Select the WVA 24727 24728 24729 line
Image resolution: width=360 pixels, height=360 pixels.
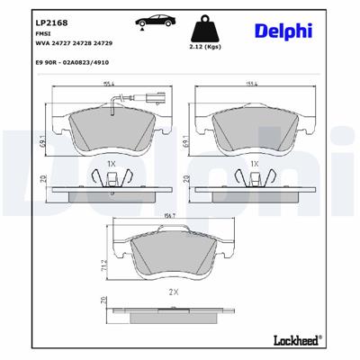(66, 40)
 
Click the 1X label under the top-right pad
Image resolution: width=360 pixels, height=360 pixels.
(255, 164)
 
